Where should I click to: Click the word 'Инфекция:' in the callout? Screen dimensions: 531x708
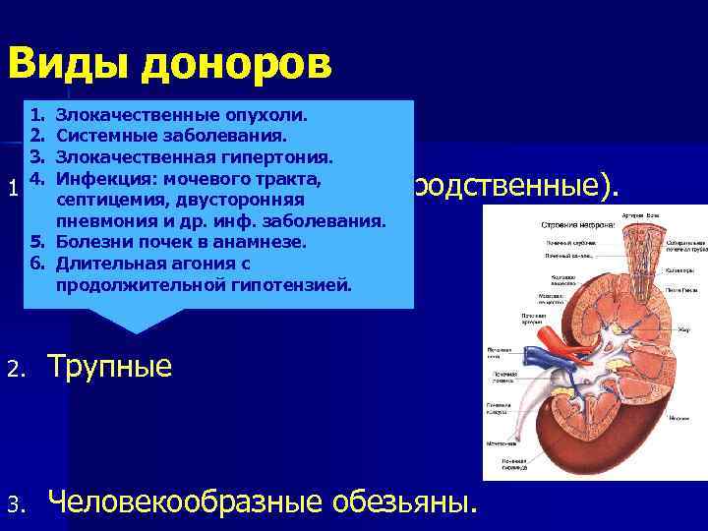coord(105,178)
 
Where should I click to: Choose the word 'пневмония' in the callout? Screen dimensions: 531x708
coord(107,221)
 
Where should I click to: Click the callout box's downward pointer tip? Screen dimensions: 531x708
coord(135,332)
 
